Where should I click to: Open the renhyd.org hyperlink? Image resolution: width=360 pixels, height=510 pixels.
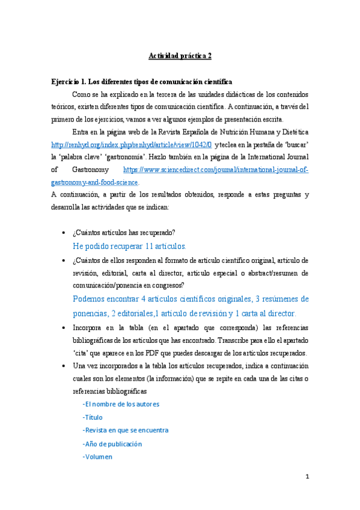point(132,145)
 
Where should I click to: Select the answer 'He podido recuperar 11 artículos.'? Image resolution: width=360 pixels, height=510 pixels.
point(129,246)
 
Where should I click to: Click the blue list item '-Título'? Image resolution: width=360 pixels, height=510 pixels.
point(93,417)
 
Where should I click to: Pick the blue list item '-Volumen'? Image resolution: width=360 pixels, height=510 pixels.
point(97,456)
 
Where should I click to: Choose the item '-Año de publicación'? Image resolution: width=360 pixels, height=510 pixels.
point(112,443)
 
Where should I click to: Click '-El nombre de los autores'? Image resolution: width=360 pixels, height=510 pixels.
point(121,404)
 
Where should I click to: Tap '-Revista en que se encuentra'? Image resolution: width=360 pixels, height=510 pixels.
point(125,430)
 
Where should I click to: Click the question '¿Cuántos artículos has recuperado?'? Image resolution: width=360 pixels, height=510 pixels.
point(123,233)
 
